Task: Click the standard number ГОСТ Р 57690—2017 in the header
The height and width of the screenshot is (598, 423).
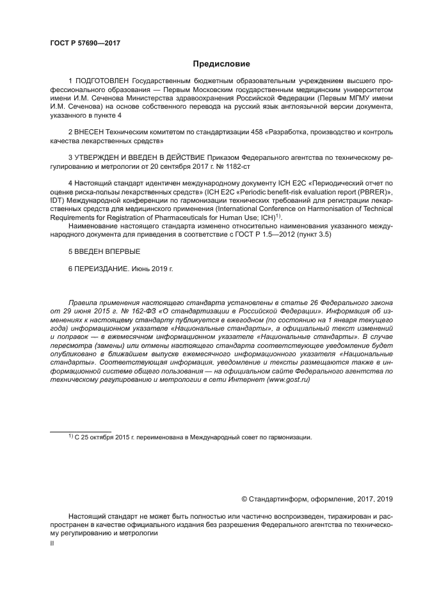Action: coord(85,43)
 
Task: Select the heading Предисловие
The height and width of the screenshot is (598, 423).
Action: coord(221,64)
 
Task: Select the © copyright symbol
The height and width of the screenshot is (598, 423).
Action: coord(244,499)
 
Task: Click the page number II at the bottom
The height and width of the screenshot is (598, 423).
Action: coord(52,542)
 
